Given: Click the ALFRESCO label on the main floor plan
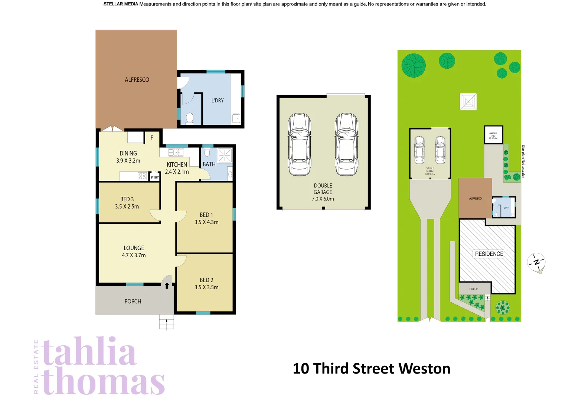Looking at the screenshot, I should click(137, 80).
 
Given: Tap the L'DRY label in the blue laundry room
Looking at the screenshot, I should click(218, 100).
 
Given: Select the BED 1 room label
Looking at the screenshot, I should click(206, 215).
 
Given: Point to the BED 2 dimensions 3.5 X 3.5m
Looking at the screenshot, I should click(206, 287).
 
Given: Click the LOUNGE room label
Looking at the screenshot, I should click(134, 248).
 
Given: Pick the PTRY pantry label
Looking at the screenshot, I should click(155, 177).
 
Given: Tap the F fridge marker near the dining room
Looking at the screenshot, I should click(152, 138).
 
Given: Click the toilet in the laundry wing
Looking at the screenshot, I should click(190, 118).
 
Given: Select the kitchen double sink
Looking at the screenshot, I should click(176, 152).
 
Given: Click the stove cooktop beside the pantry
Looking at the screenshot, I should click(142, 176).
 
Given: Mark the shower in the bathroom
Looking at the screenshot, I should click(225, 155).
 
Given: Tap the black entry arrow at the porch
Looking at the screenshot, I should click(167, 286).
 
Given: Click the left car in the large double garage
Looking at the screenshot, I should click(300, 144).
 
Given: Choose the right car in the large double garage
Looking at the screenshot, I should click(346, 144).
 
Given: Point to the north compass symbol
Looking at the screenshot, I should click(536, 263).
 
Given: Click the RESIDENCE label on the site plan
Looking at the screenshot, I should click(489, 254).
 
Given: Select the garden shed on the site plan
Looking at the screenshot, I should click(493, 135).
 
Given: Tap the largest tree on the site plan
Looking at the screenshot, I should click(414, 65).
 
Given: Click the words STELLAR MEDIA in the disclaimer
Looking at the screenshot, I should click(121, 4).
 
